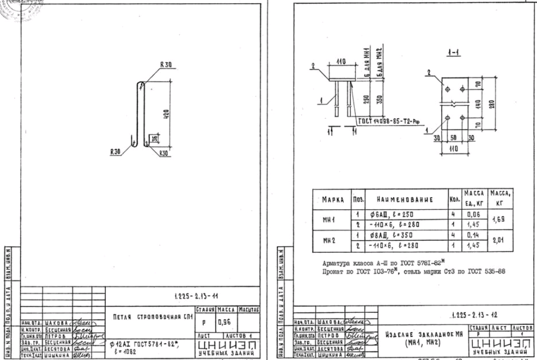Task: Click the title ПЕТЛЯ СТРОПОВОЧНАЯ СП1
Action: (x=150, y=316)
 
